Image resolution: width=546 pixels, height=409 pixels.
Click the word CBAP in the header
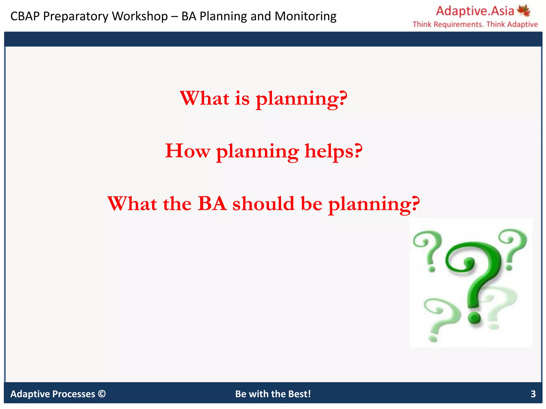25,16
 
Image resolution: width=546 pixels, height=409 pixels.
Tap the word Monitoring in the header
305,16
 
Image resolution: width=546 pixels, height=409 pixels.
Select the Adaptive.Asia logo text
475,11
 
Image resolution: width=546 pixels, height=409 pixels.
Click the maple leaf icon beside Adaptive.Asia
523,10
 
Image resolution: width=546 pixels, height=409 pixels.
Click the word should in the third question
263,204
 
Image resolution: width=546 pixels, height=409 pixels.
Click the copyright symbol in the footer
102,394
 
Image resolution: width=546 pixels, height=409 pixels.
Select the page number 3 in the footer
533,394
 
